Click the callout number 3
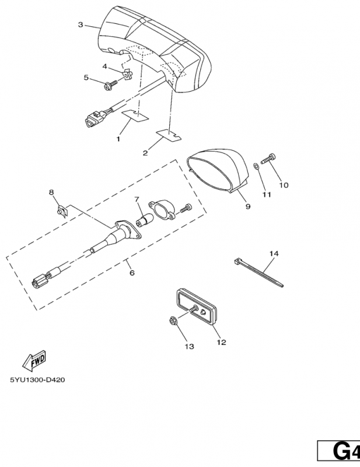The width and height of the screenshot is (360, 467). click(x=81, y=25)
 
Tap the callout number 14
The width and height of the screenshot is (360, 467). click(x=274, y=253)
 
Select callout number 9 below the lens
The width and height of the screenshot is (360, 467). click(x=247, y=207)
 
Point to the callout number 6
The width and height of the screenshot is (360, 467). click(x=131, y=273)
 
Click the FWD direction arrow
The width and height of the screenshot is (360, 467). click(x=34, y=360)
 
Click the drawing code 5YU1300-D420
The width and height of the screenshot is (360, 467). click(x=37, y=380)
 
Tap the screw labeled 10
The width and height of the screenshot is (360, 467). click(x=270, y=158)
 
